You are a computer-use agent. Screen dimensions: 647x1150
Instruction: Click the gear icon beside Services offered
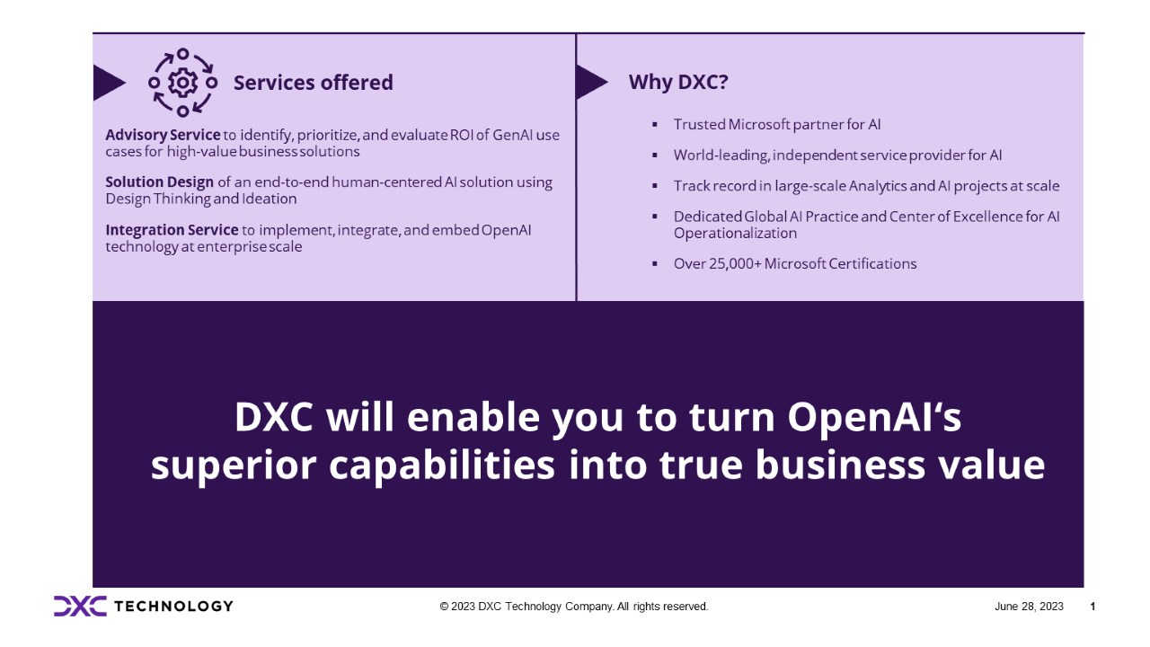pos(182,83)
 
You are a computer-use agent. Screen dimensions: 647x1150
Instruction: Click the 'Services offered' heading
pos(313,83)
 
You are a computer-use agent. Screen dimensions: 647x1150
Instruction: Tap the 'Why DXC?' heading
pos(678,82)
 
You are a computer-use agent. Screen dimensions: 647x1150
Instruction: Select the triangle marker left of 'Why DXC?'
pos(589,82)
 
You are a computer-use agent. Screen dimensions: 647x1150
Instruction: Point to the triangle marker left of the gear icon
pos(108,83)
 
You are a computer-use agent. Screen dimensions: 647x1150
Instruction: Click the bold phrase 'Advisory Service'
pos(163,135)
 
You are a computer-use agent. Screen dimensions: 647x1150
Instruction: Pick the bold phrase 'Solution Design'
pos(159,182)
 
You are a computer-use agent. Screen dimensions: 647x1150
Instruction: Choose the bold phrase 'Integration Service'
pos(172,230)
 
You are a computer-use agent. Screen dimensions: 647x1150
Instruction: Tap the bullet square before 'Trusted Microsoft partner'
pos(654,124)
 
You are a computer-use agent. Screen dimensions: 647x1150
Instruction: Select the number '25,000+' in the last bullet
pos(732,263)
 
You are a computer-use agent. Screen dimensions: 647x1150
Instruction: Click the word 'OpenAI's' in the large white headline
pos(877,417)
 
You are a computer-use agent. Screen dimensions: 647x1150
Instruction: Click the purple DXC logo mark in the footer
pos(79,606)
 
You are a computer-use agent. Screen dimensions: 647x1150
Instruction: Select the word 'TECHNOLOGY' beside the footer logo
pos(174,606)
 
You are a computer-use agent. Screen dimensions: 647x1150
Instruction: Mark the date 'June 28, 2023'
pos(1029,607)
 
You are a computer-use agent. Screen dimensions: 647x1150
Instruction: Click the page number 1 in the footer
pos(1092,607)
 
